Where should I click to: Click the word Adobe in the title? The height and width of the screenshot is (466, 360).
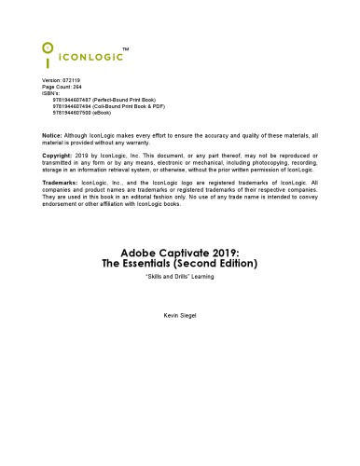pos(140,251)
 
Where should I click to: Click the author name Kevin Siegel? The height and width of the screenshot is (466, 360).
pos(179,317)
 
